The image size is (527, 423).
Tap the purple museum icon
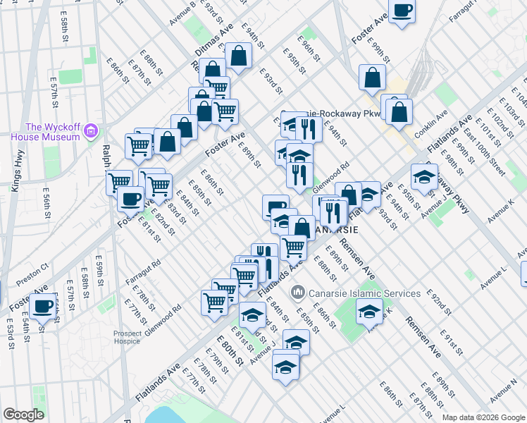click(90, 130)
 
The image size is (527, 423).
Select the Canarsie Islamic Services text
click(364, 293)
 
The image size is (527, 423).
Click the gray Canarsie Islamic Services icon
click(298, 291)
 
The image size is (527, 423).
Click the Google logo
click(23, 415)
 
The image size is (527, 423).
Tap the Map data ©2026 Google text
click(483, 417)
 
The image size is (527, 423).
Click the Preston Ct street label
click(32, 273)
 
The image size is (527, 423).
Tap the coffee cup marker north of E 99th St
click(402, 11)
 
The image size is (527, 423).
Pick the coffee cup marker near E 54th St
click(42, 307)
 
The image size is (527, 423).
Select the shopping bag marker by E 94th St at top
click(239, 56)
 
